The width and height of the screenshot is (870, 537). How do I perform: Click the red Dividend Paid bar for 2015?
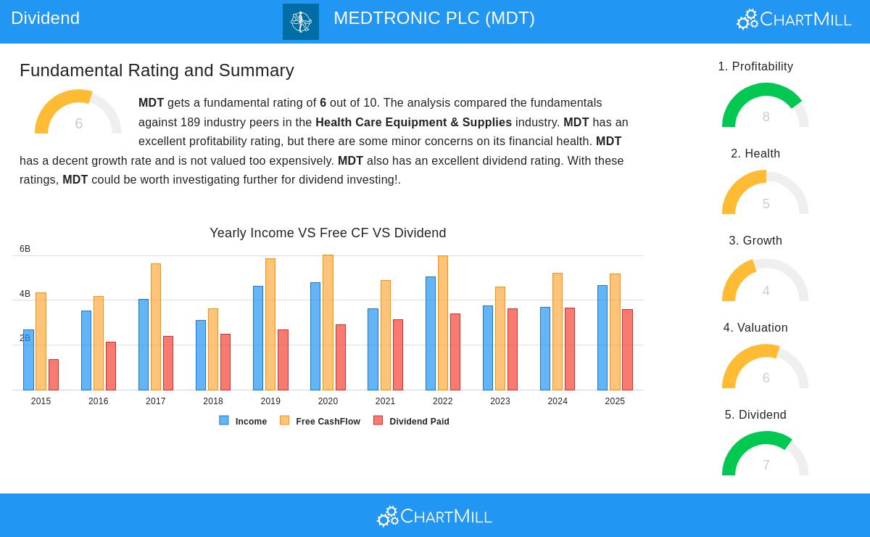pos(54,374)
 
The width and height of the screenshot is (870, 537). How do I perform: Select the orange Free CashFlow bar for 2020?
pos(328,323)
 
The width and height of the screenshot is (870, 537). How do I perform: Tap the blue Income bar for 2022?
pos(431,333)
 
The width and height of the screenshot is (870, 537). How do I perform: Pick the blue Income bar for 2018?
pos(201,355)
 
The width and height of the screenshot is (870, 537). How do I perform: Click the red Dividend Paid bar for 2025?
pos(627,350)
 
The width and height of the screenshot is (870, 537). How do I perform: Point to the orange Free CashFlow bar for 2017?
pos(156,327)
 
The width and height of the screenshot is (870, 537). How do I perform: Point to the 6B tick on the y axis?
pos(25,249)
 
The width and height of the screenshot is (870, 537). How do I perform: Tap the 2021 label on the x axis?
pos(385,401)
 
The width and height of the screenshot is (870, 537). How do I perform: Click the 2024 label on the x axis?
pos(558,401)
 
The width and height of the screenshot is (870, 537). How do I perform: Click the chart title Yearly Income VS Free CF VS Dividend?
pos(328,233)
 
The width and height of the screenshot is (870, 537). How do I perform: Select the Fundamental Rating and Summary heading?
pos(157,70)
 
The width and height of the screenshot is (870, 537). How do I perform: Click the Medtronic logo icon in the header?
pos(301,22)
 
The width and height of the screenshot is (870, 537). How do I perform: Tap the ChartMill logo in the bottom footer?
pos(434,516)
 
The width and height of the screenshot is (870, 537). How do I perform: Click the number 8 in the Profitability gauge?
pos(766,117)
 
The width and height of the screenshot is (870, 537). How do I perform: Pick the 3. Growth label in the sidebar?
pos(755,240)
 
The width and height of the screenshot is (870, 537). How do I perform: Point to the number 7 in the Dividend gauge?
pos(766,465)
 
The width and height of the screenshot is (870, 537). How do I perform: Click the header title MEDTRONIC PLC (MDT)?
pos(434,18)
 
